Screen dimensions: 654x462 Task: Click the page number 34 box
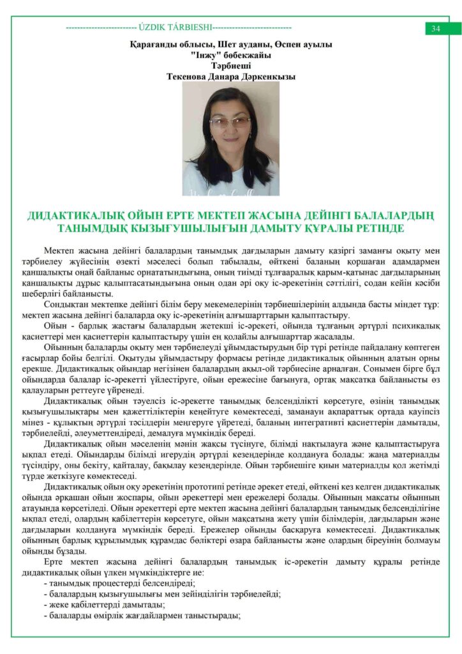436,29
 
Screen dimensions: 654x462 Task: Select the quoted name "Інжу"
201,55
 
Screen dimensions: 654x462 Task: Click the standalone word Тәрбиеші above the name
230,65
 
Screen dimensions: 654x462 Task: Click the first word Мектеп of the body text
59,250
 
